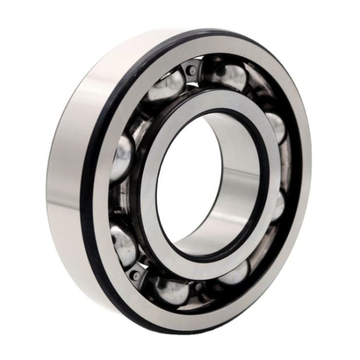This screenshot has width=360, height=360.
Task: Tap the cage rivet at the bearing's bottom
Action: coord(197,286)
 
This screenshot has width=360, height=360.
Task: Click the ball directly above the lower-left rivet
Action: coord(123,245)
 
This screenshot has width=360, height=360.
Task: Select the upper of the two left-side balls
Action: coord(122,157)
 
